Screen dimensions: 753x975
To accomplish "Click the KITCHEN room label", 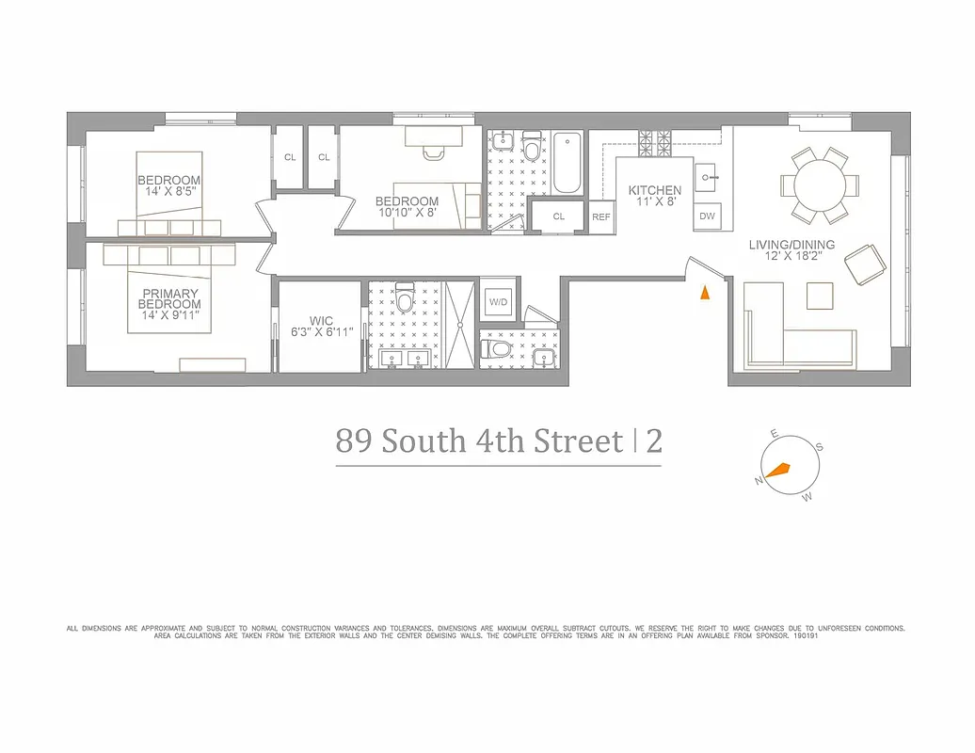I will click(x=654, y=190).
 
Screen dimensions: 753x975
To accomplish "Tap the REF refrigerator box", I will click(x=601, y=216).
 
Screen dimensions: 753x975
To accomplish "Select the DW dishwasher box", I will click(x=707, y=216).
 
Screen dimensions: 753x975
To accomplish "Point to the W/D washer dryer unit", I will click(x=497, y=302).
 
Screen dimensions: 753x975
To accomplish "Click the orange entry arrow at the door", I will click(x=703, y=293).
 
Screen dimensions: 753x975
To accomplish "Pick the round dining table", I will click(x=823, y=184).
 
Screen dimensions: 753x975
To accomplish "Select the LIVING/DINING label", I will click(x=785, y=245).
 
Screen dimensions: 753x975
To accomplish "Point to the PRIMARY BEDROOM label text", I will click(x=170, y=298).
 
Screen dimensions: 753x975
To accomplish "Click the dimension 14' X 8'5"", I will click(x=170, y=192).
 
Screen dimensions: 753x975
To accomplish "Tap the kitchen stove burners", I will click(x=653, y=142).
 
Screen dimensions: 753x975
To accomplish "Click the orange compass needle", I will click(x=777, y=470).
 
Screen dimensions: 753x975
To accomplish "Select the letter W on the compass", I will click(x=807, y=497).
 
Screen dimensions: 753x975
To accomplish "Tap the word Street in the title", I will click(x=579, y=441).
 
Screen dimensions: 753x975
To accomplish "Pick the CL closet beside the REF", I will click(x=558, y=216).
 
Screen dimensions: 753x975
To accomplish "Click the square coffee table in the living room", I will click(x=820, y=296).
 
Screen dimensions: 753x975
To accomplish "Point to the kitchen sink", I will click(x=708, y=176).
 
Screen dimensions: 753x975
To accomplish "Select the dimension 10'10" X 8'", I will click(x=407, y=213).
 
